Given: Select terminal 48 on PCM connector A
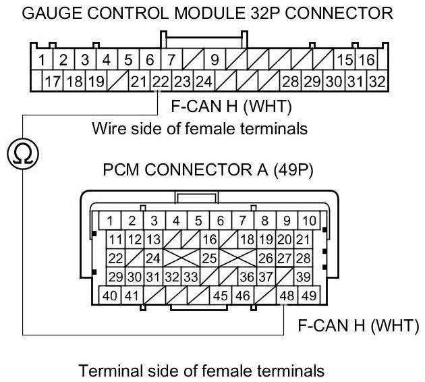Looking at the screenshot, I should click(x=289, y=294).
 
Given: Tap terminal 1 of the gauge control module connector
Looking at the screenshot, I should click(x=42, y=60).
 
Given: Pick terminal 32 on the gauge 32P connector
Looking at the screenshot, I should click(x=376, y=82).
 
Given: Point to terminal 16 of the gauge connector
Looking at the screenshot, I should click(x=367, y=60).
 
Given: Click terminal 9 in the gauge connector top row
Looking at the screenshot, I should click(x=214, y=60).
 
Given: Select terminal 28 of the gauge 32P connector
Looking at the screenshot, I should click(x=290, y=82).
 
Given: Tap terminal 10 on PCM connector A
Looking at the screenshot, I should click(x=309, y=220).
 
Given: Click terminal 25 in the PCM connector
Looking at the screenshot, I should click(x=209, y=257).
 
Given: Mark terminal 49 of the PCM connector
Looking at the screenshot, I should click(x=309, y=294).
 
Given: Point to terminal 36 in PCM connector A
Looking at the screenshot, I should click(x=246, y=276).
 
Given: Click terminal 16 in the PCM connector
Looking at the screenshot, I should click(x=209, y=239).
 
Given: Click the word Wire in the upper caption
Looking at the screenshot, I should click(x=106, y=127).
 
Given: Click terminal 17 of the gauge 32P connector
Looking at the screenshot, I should click(x=53, y=82).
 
